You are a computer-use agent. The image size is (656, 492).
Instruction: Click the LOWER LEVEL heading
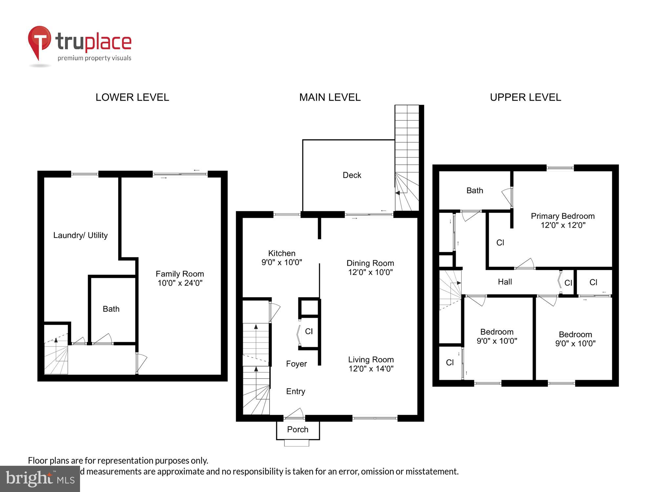click(x=132, y=97)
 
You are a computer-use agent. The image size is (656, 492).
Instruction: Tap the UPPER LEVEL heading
click(x=525, y=97)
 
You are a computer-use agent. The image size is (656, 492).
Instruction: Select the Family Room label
click(x=180, y=274)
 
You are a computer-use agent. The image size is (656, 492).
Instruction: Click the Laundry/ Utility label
click(x=80, y=235)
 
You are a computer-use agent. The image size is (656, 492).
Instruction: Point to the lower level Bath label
click(x=111, y=309)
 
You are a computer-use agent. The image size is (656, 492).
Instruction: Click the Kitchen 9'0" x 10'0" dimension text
click(x=281, y=262)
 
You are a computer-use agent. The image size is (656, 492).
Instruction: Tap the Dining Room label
click(x=370, y=263)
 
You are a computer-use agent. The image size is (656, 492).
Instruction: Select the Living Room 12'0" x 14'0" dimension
click(x=371, y=369)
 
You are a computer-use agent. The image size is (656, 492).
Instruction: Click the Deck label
click(x=352, y=175)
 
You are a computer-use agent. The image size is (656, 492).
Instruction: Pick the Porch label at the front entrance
click(x=297, y=429)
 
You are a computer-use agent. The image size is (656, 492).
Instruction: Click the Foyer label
click(x=296, y=364)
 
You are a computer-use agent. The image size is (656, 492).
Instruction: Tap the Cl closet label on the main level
click(x=309, y=331)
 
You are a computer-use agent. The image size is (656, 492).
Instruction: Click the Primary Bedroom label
click(x=563, y=216)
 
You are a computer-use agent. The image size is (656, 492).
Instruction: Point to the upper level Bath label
click(x=475, y=191)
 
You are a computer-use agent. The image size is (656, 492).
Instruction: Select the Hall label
click(x=505, y=282)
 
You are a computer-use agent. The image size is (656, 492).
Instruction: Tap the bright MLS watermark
click(x=40, y=479)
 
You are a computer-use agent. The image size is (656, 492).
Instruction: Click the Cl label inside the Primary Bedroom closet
click(x=500, y=243)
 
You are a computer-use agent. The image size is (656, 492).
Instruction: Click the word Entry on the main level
click(x=296, y=391)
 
